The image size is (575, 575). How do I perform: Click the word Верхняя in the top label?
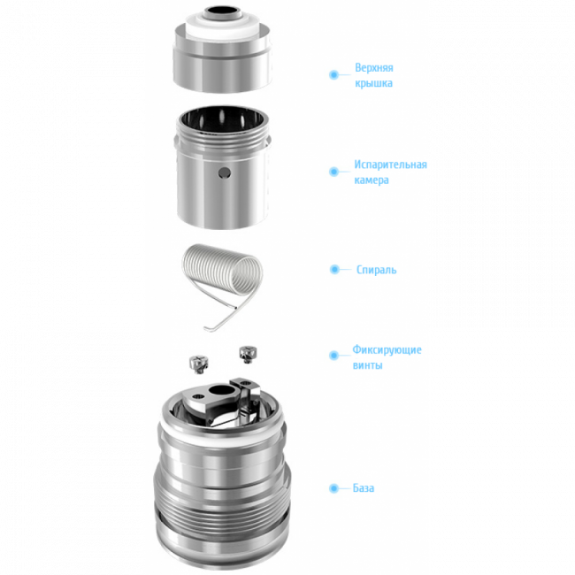373,68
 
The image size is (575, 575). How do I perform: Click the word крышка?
373,84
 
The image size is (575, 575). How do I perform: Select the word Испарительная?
390,165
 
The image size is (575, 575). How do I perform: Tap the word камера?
372,180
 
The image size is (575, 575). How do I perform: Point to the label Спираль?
375,269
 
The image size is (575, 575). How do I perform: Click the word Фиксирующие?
387,349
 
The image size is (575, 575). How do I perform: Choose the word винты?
367,365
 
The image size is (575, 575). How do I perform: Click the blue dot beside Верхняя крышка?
333,75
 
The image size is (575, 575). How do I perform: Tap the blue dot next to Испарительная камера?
333,172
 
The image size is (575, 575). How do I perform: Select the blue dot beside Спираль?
334,269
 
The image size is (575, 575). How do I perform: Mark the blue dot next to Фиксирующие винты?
333,356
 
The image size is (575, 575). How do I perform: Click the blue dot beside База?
333,488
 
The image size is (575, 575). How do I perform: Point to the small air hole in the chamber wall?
222,169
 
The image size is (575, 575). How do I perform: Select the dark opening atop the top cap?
218,13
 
